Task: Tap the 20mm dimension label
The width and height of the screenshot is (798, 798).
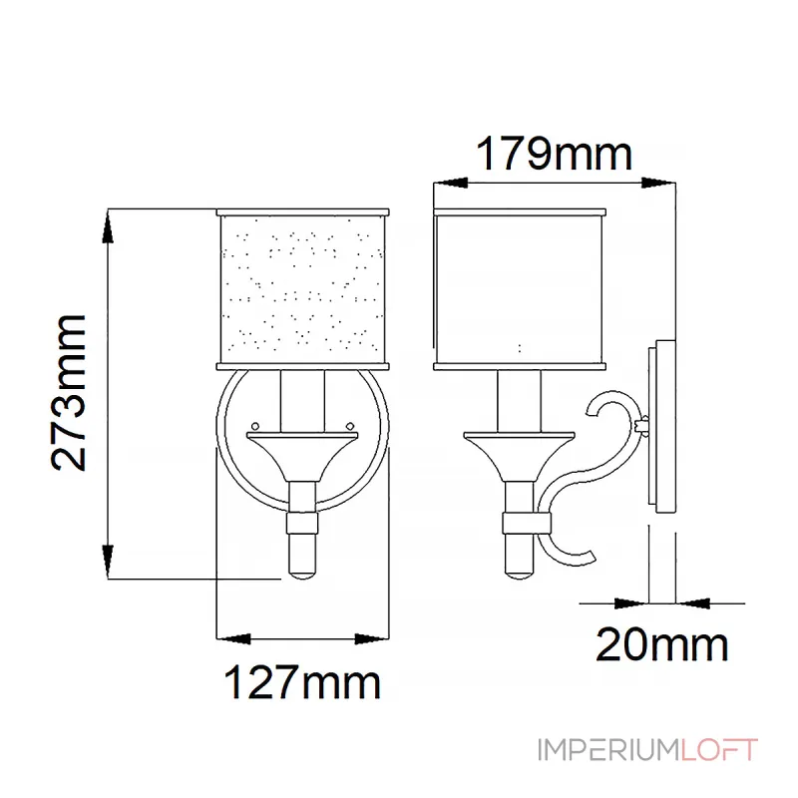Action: (662, 645)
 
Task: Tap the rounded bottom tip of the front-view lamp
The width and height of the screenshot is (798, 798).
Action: (301, 573)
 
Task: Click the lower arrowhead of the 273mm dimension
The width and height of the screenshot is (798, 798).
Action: (109, 566)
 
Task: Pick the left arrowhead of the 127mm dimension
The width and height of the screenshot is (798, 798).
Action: (229, 637)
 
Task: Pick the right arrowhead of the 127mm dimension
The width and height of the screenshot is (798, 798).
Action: (375, 637)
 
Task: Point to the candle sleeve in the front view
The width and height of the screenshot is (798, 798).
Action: (301, 399)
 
